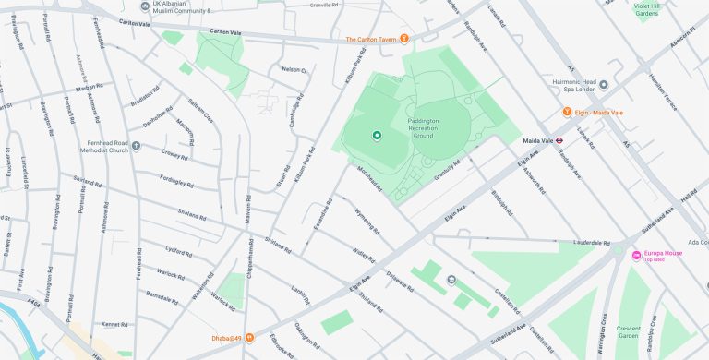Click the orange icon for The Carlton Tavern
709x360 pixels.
403,39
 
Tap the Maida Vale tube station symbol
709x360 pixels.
571,141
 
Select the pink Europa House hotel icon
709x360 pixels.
635,256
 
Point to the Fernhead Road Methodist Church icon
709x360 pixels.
137,145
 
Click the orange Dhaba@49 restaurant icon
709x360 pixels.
248,337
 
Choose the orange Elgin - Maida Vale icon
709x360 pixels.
568,112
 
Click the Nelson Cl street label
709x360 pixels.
294,69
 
